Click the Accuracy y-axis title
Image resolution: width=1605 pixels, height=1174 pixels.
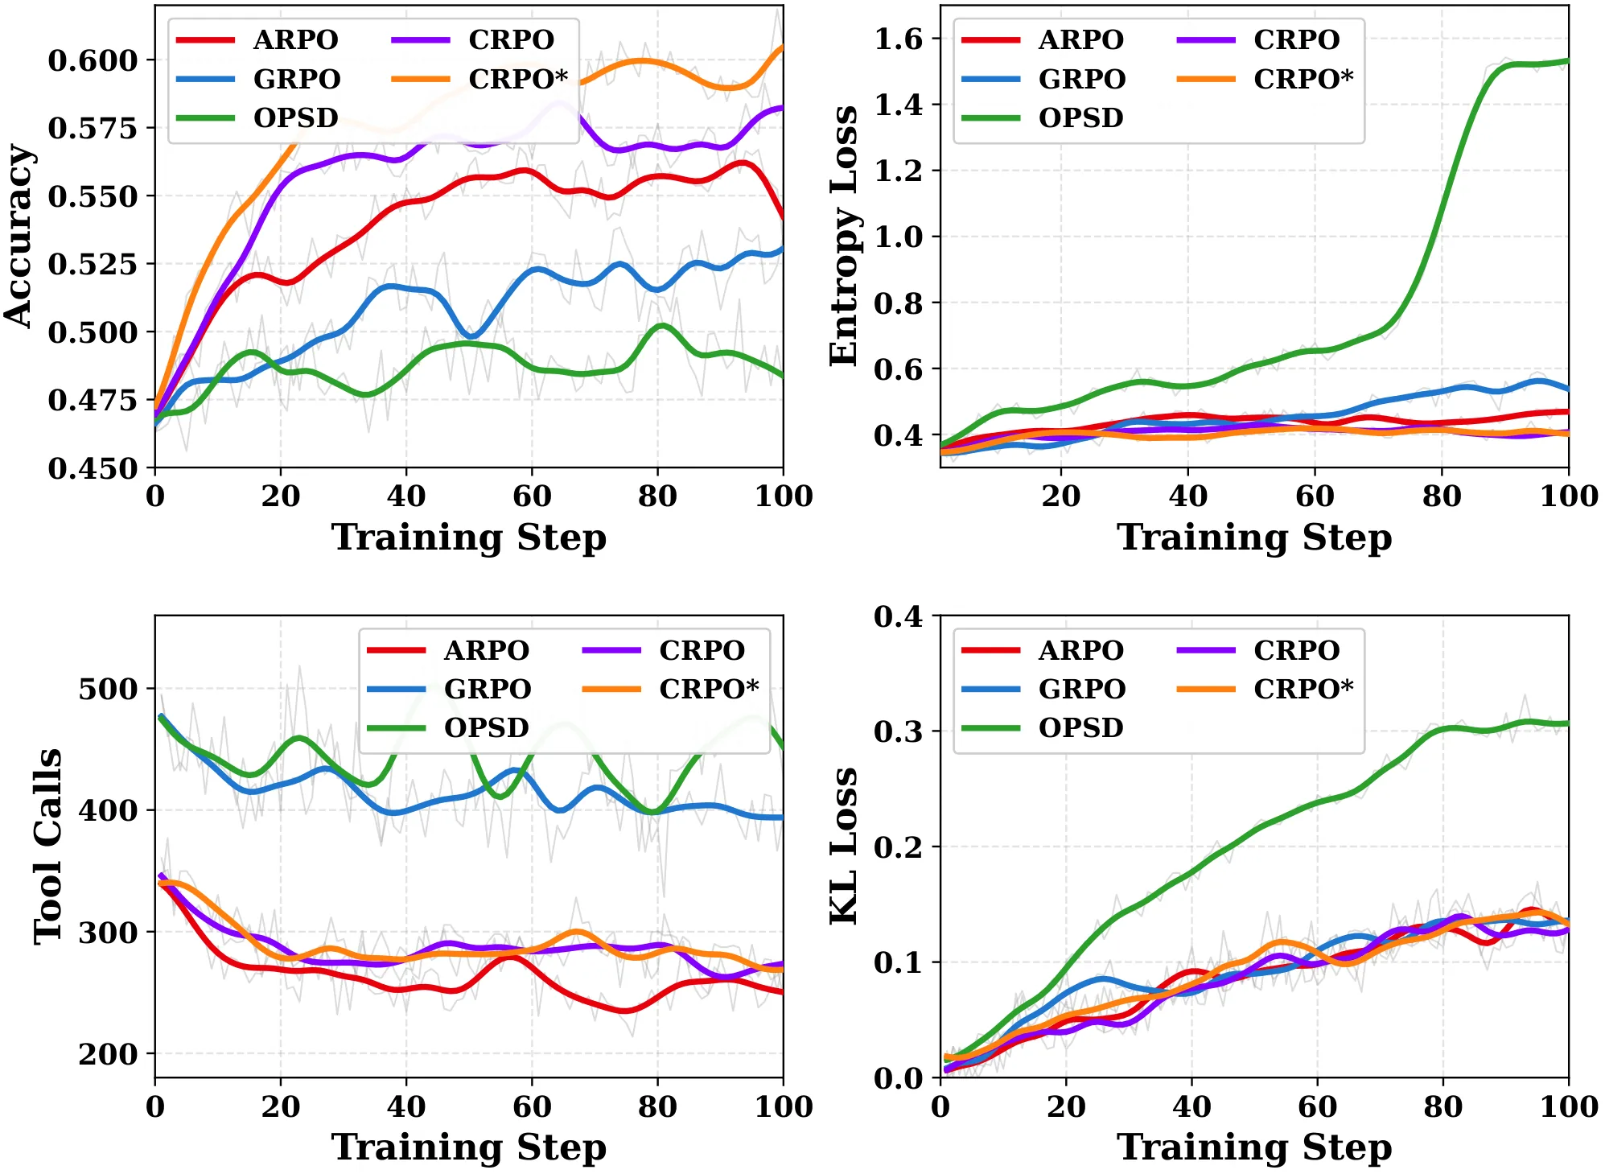19,236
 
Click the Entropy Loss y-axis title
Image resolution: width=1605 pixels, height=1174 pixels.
844,236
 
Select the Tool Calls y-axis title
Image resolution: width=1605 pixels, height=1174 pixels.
47,847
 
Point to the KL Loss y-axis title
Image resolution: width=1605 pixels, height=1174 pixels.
844,847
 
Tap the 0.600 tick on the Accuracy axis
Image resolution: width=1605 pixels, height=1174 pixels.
93,60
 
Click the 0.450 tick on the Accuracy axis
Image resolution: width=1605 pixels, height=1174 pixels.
93,468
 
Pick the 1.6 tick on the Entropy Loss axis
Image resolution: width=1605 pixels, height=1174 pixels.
899,39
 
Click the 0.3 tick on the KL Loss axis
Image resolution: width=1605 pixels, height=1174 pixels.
899,731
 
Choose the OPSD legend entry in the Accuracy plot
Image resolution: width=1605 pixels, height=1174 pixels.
257,117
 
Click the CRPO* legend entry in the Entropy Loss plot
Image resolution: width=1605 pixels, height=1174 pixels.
1265,79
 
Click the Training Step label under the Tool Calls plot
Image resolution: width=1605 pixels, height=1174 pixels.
469,1147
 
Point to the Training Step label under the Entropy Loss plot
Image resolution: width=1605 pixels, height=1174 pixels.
1255,537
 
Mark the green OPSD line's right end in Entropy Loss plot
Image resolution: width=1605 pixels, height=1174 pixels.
1568,61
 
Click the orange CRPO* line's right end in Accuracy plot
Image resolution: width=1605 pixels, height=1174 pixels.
782,47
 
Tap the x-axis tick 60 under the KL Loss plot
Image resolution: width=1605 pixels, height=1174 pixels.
1318,1106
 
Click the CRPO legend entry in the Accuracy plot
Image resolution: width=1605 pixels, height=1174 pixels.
473,39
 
